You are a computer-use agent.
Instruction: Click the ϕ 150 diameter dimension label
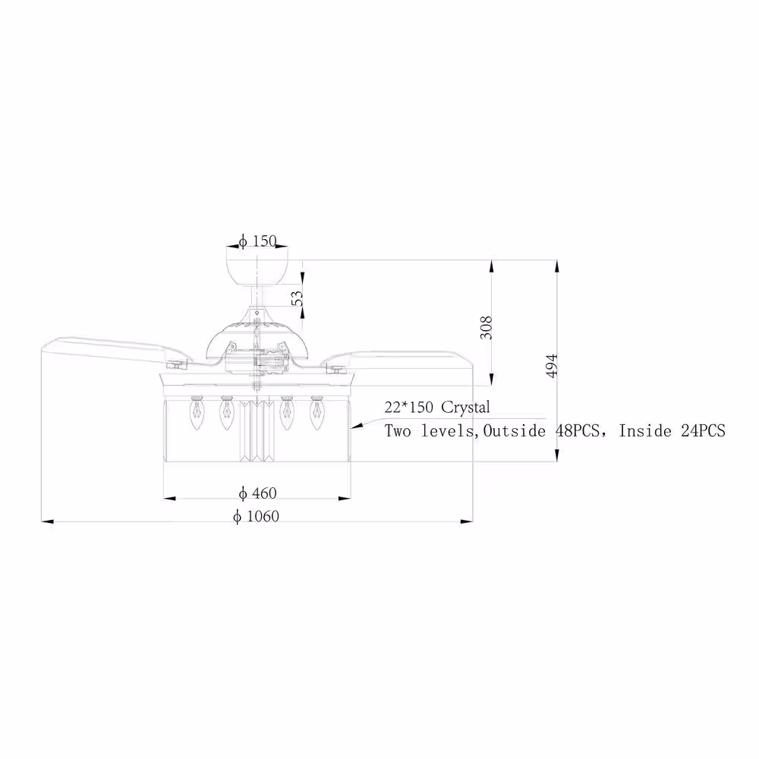click(x=258, y=241)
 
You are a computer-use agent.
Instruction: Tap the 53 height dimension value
click(x=298, y=298)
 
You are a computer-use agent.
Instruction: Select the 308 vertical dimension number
click(x=486, y=327)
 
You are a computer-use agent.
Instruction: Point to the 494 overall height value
click(x=551, y=366)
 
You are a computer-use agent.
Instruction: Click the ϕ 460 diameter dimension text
click(x=257, y=493)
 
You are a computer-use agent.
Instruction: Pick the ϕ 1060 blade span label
click(x=256, y=516)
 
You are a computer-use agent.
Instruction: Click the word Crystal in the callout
click(x=466, y=407)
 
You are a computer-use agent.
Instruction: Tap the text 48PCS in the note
click(x=577, y=430)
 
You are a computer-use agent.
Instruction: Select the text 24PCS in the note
click(x=703, y=430)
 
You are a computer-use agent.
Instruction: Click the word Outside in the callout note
click(x=514, y=430)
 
